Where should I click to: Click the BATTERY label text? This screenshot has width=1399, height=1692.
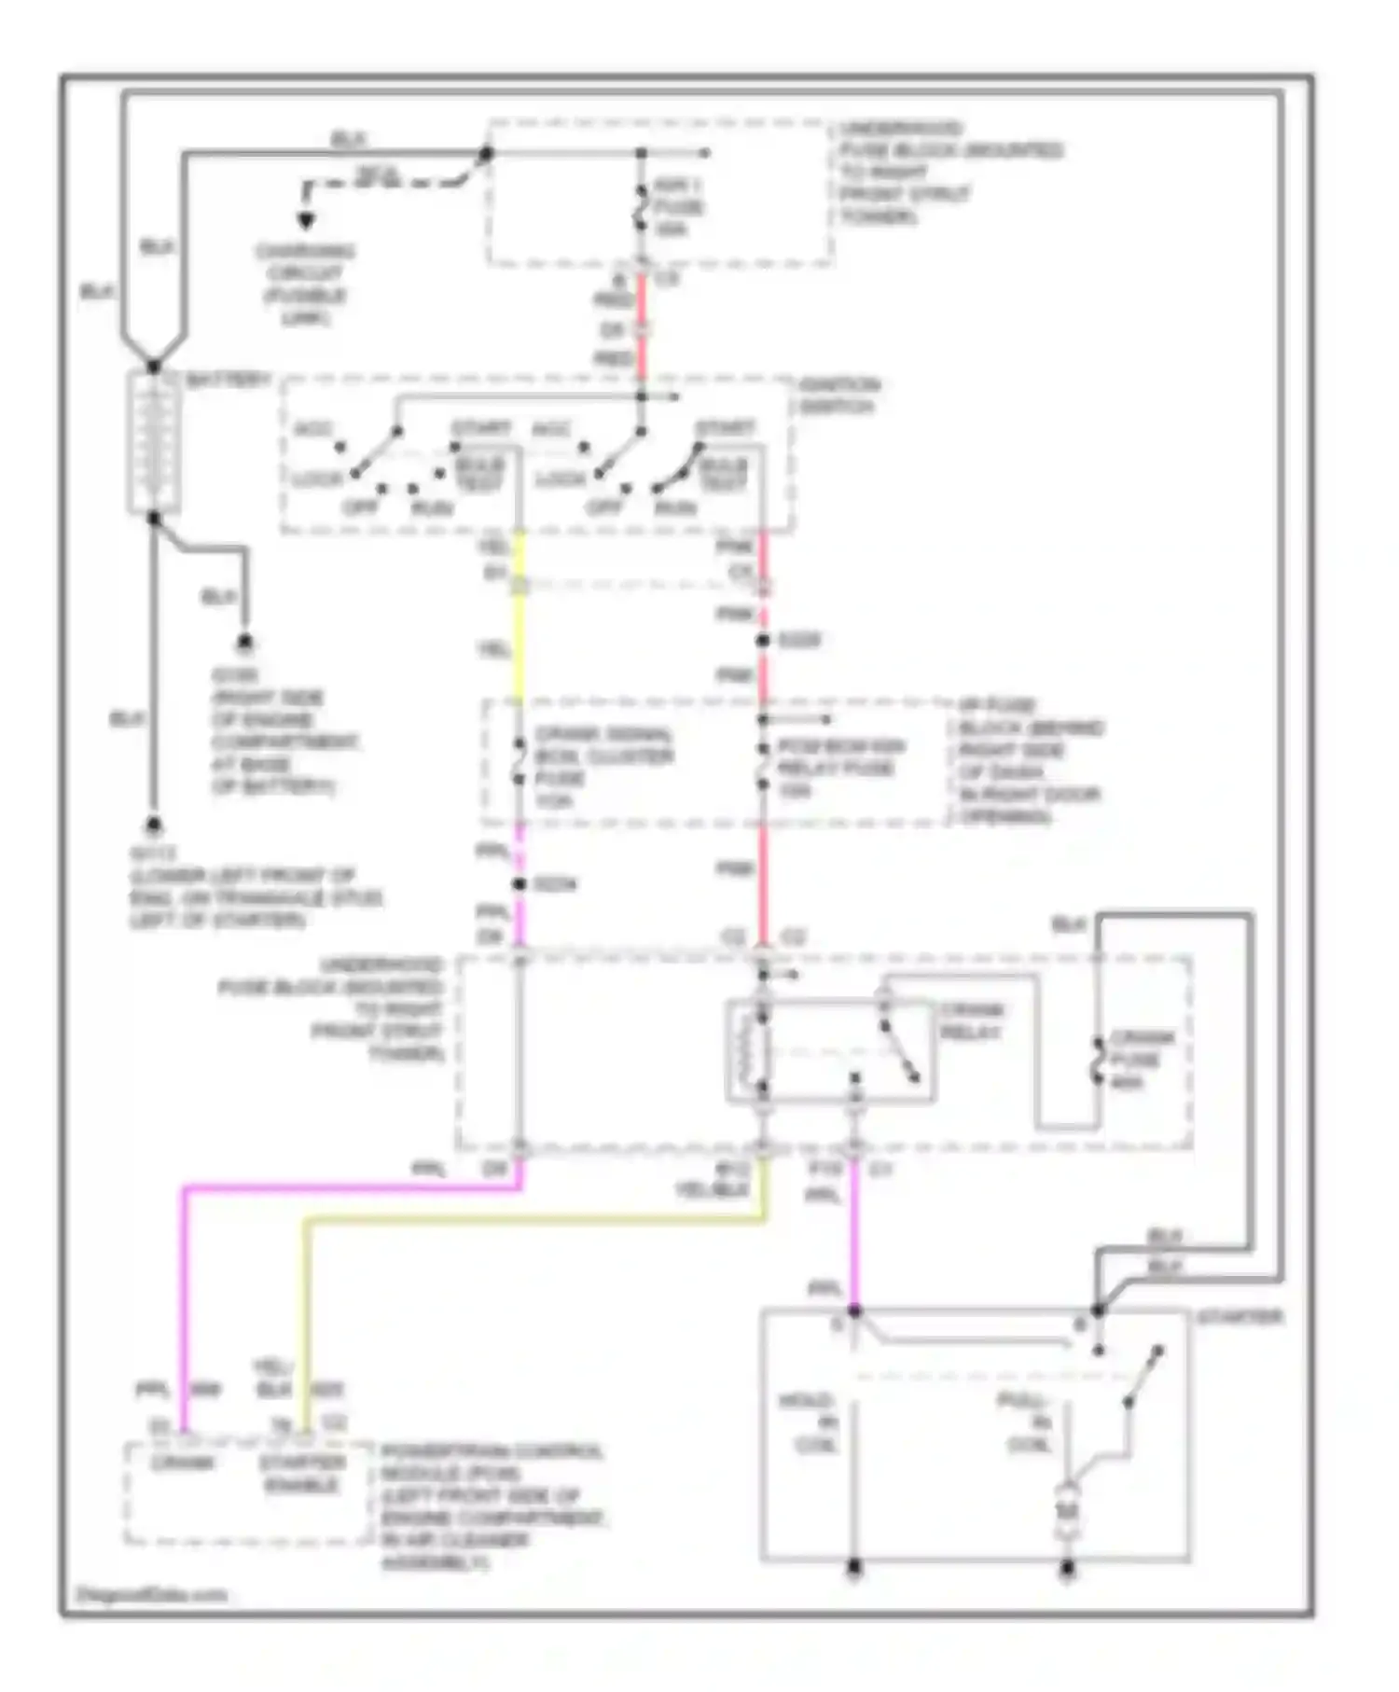pyautogui.click(x=229, y=380)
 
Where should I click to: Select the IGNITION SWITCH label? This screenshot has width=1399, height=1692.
pyautogui.click(x=838, y=395)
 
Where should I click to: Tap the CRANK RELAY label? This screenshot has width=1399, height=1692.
pyautogui.click(x=971, y=1021)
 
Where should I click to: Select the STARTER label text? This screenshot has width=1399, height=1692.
pyautogui.click(x=1239, y=1317)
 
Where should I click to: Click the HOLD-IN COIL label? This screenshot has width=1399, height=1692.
pyautogui.click(x=814, y=1422)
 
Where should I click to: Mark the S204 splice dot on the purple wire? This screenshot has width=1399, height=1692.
pyautogui.click(x=519, y=883)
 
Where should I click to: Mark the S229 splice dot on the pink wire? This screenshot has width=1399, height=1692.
pyautogui.click(x=762, y=640)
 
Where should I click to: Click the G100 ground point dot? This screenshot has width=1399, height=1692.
pyautogui.click(x=245, y=644)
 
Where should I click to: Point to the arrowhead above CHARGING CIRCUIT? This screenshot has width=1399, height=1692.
pyautogui.click(x=305, y=222)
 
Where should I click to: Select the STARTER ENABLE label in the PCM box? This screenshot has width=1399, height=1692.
pyautogui.click(x=301, y=1473)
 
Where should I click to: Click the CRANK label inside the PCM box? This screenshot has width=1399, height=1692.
pyautogui.click(x=183, y=1462)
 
